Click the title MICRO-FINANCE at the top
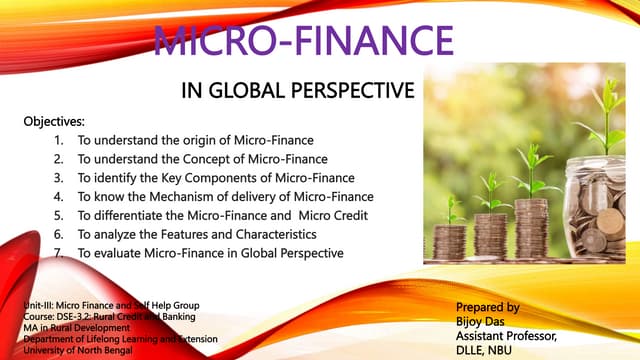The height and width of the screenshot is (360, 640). pos(303,42)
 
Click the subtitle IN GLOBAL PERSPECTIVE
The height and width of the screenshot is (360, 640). pos(297,92)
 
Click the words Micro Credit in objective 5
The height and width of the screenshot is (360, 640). pos(339,215)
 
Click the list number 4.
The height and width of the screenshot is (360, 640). pos(59,196)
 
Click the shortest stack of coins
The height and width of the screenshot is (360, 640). pos(450,239)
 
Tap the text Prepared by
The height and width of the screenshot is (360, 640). pos(487,307)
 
